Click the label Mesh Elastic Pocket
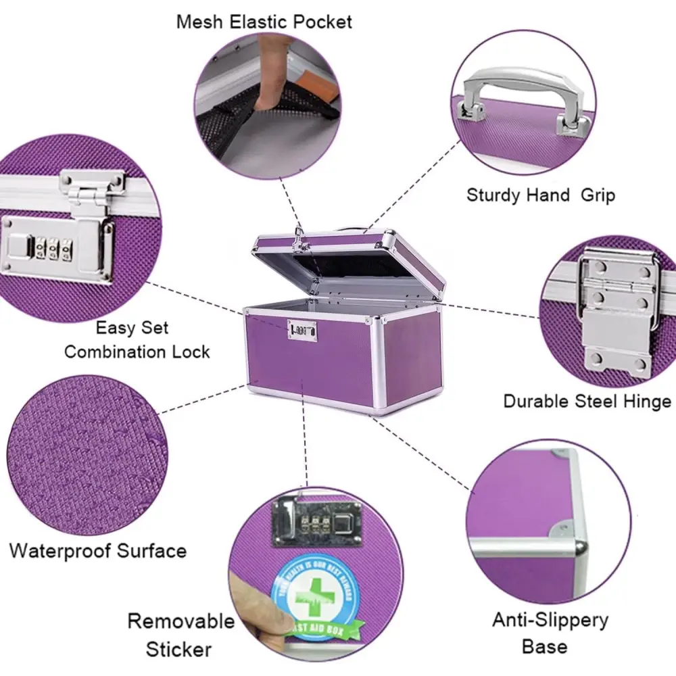click(264, 22)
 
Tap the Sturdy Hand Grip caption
click(541, 196)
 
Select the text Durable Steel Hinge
click(587, 401)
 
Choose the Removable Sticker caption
click(180, 635)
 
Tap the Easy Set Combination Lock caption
click(137, 340)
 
